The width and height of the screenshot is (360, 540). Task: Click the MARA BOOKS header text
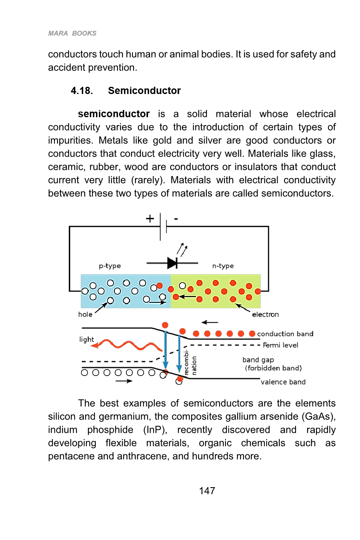72,33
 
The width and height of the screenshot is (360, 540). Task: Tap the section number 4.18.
82,91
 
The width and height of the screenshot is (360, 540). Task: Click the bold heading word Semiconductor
144,91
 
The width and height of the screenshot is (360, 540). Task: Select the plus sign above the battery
150,219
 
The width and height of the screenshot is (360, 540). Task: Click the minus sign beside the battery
176,219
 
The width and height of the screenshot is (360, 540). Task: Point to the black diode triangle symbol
172,263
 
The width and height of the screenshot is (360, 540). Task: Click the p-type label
110,266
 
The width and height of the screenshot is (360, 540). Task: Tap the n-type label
223,266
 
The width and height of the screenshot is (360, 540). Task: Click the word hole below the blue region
85,314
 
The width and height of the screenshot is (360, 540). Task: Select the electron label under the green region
265,314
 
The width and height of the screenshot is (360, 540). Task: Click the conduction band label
285,334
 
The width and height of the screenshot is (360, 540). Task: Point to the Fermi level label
280,345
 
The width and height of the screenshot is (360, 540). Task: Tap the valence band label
283,382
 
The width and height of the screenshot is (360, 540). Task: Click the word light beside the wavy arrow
86,340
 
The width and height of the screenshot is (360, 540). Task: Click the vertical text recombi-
186,362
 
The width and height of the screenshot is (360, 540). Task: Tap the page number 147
207,491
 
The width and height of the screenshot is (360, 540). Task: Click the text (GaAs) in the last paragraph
318,416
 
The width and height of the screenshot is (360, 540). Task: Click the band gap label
258,360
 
